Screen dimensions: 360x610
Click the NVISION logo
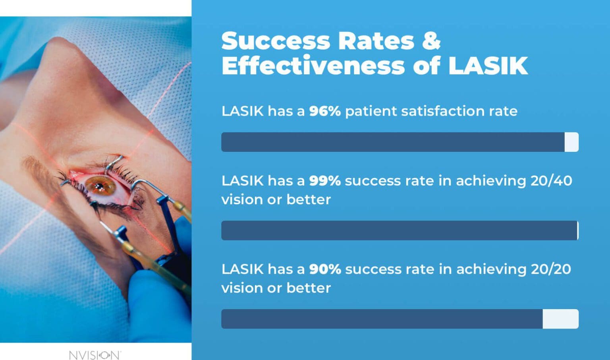95,354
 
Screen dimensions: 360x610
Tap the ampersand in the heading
431,41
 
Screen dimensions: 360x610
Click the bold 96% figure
324,111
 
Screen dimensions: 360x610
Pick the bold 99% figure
324,181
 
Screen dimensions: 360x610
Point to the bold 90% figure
324,269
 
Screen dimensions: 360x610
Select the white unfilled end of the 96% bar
571,142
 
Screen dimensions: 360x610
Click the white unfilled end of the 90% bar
560,319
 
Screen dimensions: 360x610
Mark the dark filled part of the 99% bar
397,230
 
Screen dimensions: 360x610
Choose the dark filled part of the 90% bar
381,319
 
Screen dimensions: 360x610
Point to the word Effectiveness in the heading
313,66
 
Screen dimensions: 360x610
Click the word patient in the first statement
371,111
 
